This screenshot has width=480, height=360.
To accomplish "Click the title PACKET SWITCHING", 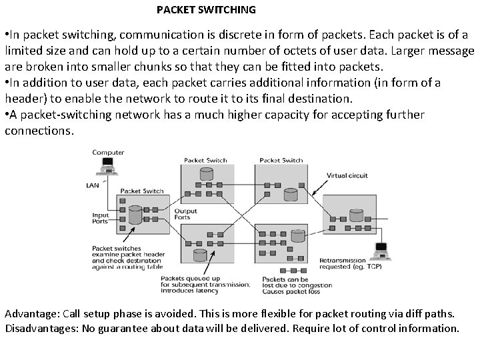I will click(206, 10).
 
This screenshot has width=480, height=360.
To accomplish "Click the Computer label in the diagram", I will click(108, 153).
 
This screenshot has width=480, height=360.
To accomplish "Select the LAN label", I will click(93, 185).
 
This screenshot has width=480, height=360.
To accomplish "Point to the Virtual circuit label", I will click(347, 175).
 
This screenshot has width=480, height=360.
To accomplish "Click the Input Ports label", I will click(101, 219).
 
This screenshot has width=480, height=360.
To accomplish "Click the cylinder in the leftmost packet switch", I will click(135, 215).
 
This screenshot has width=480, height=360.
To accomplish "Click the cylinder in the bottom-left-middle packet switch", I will click(199, 255).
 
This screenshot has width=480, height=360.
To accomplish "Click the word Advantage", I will click(27, 313).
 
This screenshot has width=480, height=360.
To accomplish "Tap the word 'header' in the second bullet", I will click(26, 99).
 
